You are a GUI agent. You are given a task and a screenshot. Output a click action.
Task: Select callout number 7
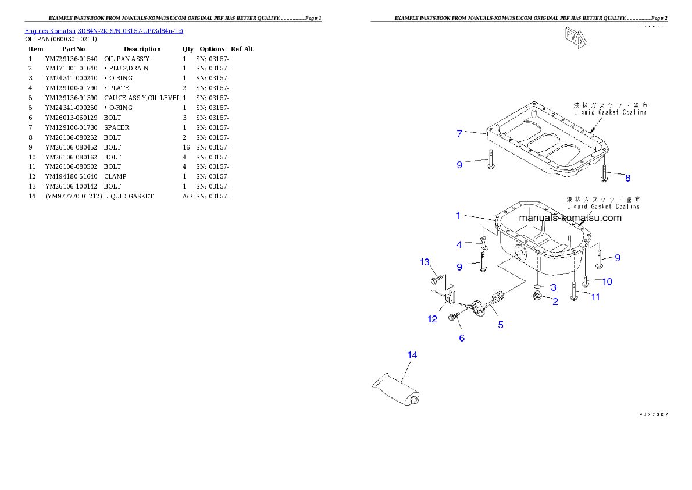pyautogui.click(x=459, y=133)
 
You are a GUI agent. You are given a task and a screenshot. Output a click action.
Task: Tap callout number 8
pyautogui.click(x=627, y=177)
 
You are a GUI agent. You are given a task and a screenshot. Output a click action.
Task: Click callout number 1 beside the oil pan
pyautogui.click(x=458, y=215)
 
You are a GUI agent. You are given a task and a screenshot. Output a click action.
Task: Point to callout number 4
pyautogui.click(x=459, y=244)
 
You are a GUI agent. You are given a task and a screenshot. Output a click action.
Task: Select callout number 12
pyautogui.click(x=433, y=319)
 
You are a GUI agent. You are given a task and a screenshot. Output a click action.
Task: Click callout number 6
pyautogui.click(x=462, y=338)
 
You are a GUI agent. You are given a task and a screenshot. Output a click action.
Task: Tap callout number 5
pyautogui.click(x=501, y=325)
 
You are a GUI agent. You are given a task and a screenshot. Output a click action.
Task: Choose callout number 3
pyautogui.click(x=554, y=287)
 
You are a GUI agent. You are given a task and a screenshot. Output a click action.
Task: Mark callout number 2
pyautogui.click(x=555, y=301)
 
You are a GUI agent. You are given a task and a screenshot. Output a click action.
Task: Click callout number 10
pyautogui.click(x=607, y=282)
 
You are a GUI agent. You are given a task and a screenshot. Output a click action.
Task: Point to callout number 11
pyautogui.click(x=595, y=297)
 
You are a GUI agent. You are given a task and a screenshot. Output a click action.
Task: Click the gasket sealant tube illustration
pyautogui.click(x=397, y=390)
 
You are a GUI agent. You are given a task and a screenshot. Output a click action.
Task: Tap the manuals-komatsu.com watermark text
pyautogui.click(x=570, y=218)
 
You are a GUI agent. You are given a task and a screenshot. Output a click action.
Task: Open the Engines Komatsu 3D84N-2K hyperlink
pyautogui.click(x=104, y=31)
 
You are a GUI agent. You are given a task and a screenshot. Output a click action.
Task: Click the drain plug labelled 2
pyautogui.click(x=538, y=298)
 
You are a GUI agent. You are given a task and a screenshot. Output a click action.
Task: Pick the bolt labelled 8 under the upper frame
pyautogui.click(x=605, y=169)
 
